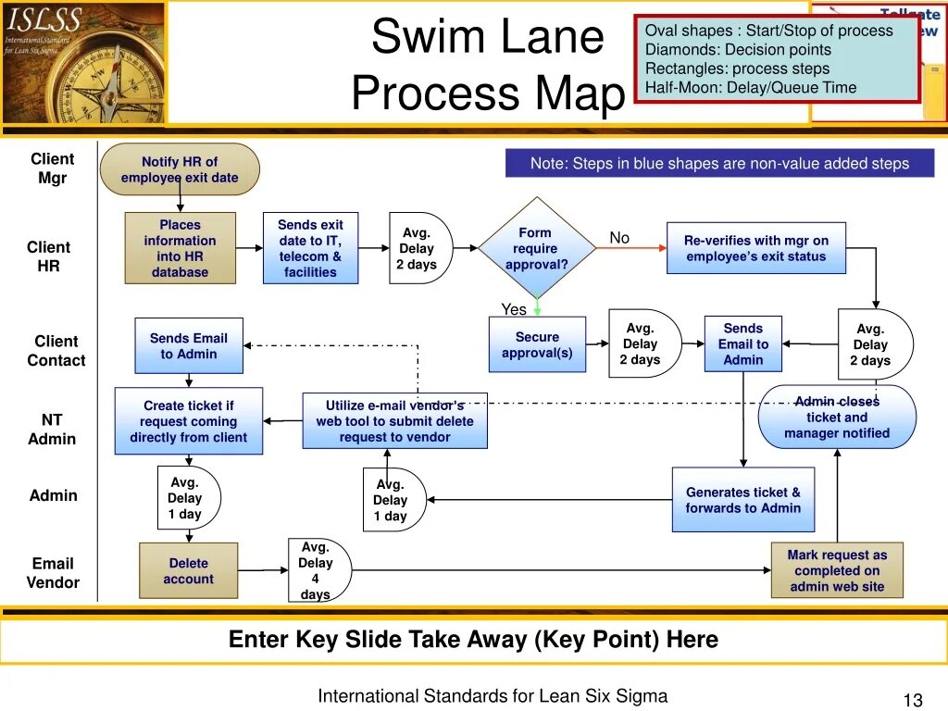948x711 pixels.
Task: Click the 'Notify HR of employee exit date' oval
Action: click(x=180, y=169)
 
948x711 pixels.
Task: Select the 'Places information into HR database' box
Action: click(x=180, y=248)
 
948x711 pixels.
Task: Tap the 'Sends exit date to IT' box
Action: click(x=310, y=248)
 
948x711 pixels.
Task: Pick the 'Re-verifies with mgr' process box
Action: click(x=755, y=248)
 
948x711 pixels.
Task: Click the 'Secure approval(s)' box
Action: click(x=537, y=344)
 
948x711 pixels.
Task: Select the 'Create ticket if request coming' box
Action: click(x=189, y=421)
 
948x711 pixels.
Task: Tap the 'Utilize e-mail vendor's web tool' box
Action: click(x=394, y=421)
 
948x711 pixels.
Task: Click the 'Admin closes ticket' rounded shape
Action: click(x=837, y=418)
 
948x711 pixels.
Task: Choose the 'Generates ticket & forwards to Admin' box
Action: click(x=743, y=500)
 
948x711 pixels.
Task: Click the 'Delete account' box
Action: click(x=189, y=570)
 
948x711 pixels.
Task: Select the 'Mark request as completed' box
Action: click(x=837, y=570)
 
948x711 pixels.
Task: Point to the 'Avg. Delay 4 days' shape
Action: click(x=317, y=570)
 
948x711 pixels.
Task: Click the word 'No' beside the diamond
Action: click(x=619, y=238)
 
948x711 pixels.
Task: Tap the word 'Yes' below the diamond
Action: click(x=514, y=309)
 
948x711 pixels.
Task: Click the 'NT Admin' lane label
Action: click(x=52, y=430)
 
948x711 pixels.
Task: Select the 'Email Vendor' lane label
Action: click(x=53, y=573)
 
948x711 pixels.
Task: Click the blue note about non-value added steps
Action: click(x=719, y=164)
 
